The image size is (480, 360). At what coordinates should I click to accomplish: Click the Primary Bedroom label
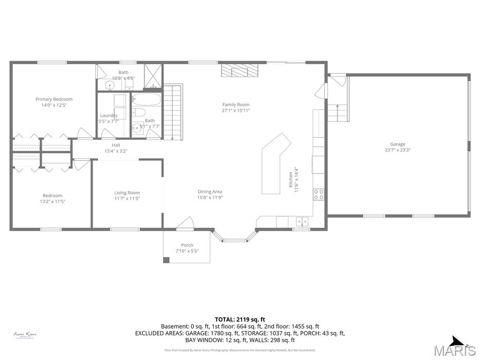point(54,99)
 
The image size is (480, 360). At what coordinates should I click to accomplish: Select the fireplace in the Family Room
point(240,70)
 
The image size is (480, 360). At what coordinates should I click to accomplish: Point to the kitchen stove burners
point(319,194)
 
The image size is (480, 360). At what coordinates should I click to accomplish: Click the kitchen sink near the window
point(301,221)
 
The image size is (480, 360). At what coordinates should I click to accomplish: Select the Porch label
point(187,245)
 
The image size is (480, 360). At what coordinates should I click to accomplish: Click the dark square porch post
point(166,260)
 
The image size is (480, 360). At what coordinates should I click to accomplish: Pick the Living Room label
point(127,193)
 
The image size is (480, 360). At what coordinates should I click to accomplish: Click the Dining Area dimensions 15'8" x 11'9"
point(210,197)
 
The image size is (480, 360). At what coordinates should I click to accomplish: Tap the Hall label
point(116,145)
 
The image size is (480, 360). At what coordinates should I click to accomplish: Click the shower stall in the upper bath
point(153,75)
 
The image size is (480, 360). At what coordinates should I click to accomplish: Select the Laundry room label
point(108,115)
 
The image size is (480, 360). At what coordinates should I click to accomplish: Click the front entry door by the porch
point(185,224)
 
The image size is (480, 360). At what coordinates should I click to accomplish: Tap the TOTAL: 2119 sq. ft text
point(240,319)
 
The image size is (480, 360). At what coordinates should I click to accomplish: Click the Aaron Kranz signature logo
point(25,335)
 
